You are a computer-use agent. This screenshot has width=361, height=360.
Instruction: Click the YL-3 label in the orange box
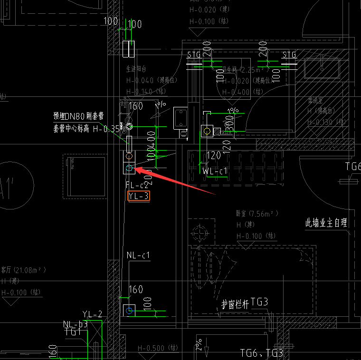(x=139, y=196)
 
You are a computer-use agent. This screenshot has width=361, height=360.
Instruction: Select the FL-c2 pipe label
(x=137, y=185)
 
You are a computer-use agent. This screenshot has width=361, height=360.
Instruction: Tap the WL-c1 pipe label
(x=215, y=171)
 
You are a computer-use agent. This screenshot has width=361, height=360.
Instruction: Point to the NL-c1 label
(x=138, y=256)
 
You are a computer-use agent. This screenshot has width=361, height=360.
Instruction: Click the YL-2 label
(x=92, y=314)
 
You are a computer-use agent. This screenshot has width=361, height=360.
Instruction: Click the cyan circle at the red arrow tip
(x=129, y=168)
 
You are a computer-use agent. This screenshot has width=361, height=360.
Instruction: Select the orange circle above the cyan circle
(x=129, y=156)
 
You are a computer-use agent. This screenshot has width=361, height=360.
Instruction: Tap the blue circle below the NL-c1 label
(x=129, y=310)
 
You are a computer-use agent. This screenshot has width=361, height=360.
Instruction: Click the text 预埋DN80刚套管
(x=78, y=115)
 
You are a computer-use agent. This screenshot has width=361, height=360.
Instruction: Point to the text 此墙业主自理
(x=326, y=222)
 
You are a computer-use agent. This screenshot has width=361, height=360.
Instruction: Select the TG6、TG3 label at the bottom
(x=261, y=353)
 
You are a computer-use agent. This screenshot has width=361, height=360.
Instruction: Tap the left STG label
(x=194, y=55)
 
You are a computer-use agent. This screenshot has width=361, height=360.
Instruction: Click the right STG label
(x=289, y=55)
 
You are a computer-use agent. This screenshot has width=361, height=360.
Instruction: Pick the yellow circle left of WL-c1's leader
(x=207, y=130)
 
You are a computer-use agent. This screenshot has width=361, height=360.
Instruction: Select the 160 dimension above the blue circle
(x=135, y=289)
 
